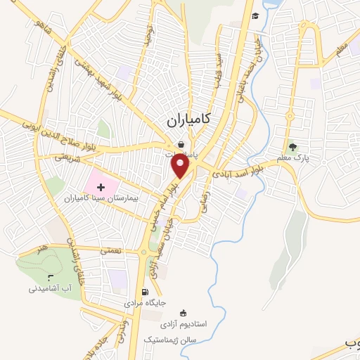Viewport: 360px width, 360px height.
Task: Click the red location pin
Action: click(181, 165)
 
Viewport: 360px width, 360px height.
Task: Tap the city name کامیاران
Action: click(190, 120)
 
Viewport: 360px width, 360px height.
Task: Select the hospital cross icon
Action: click(101, 187)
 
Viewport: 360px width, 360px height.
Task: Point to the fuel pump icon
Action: click(145, 292)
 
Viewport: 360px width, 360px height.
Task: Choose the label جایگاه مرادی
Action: click(144, 304)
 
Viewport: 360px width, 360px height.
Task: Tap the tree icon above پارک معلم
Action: click(292, 146)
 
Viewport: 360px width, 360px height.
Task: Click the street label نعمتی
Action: click(111, 249)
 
